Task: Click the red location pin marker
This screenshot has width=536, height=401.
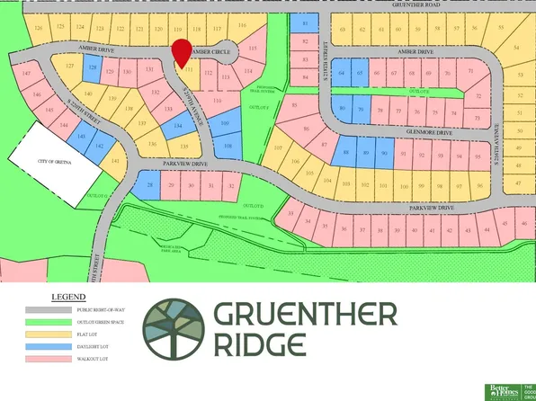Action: [x=182, y=52]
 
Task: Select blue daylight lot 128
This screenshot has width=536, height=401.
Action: [x=92, y=67]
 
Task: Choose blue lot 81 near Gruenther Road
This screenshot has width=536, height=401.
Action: [x=306, y=25]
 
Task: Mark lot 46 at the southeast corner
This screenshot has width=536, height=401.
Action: [x=522, y=223]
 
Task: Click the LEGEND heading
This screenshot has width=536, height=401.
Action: [x=68, y=295]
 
